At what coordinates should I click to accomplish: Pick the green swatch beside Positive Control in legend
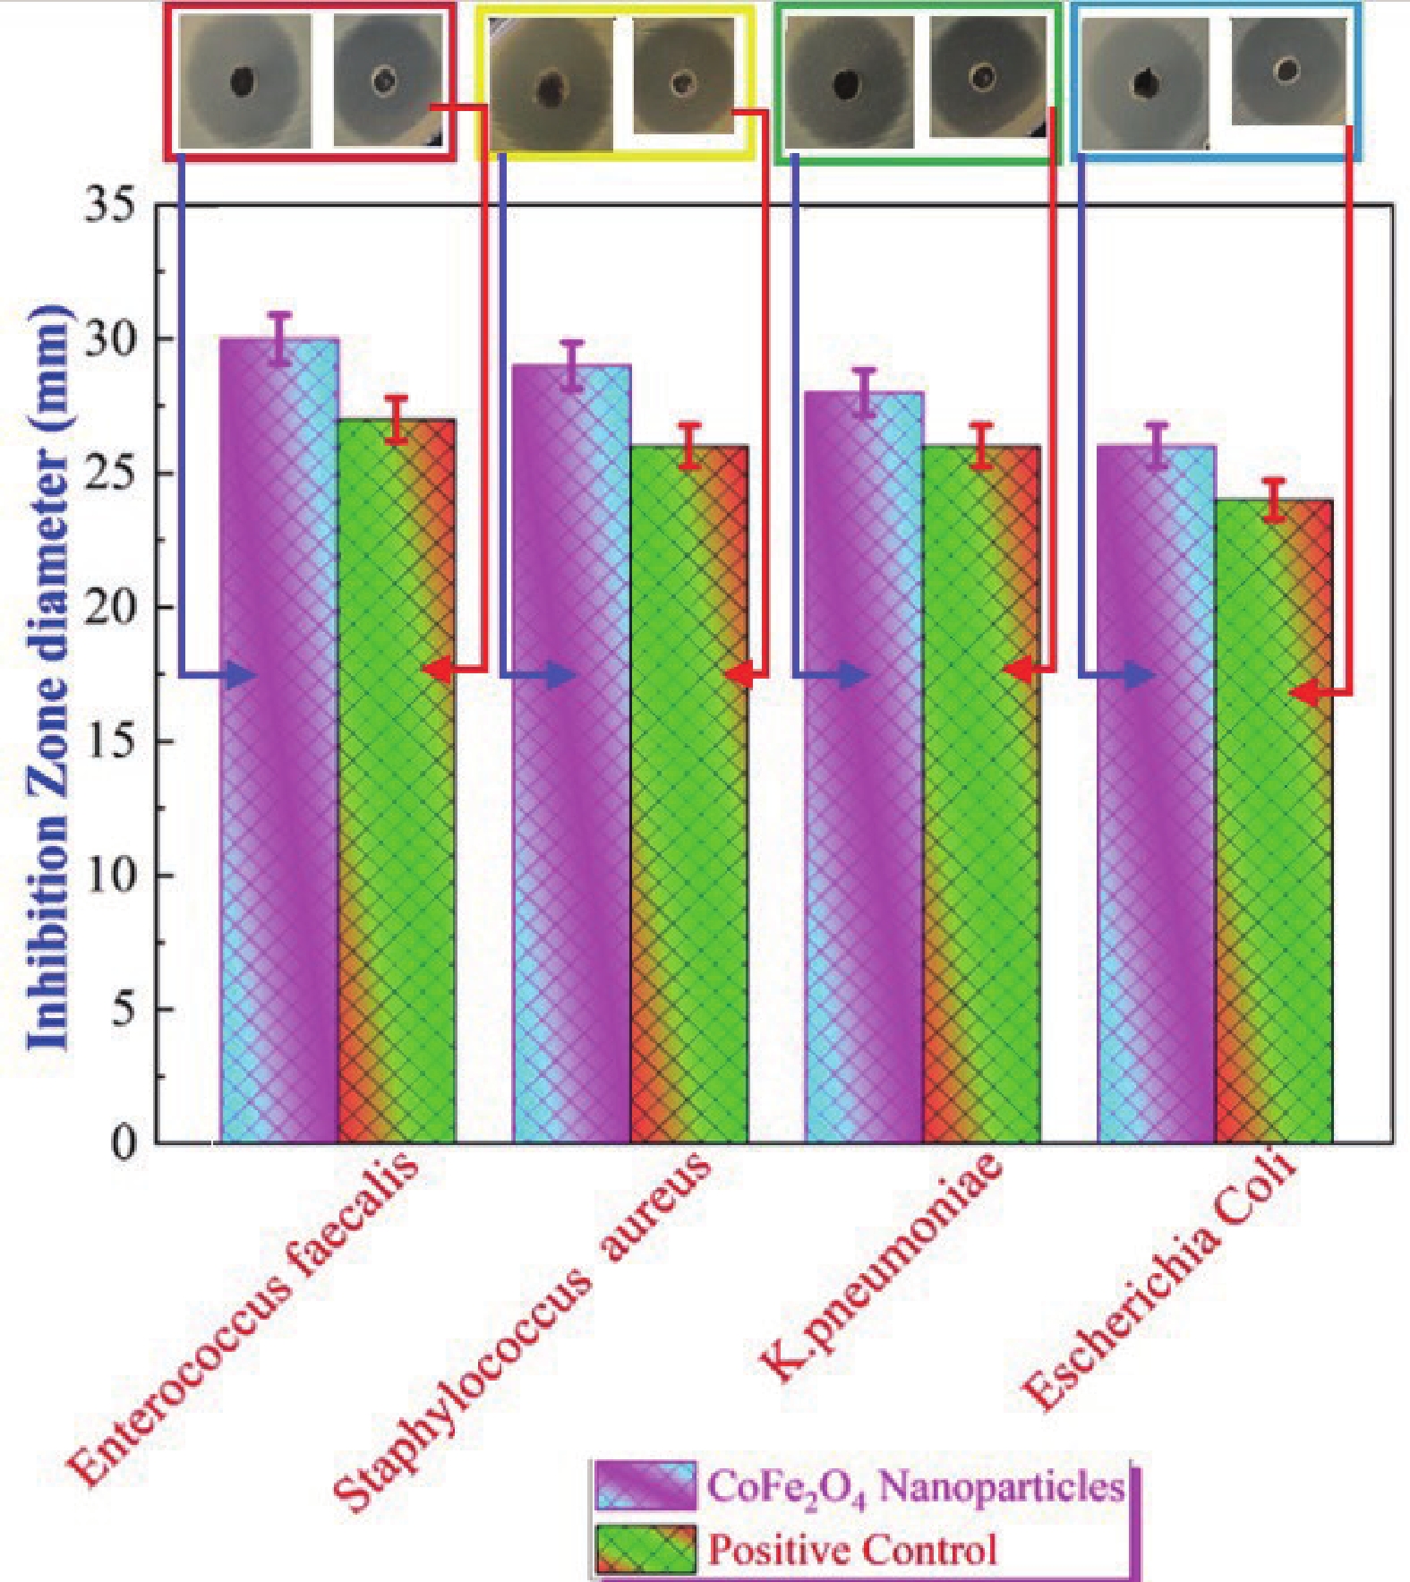[x=645, y=1550]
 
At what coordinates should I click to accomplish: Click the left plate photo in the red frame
[x=244, y=81]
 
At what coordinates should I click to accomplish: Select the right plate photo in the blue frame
[x=1288, y=71]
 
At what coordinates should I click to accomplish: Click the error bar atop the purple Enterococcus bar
[x=280, y=338]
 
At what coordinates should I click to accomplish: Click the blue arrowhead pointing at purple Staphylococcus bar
[x=562, y=675]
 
